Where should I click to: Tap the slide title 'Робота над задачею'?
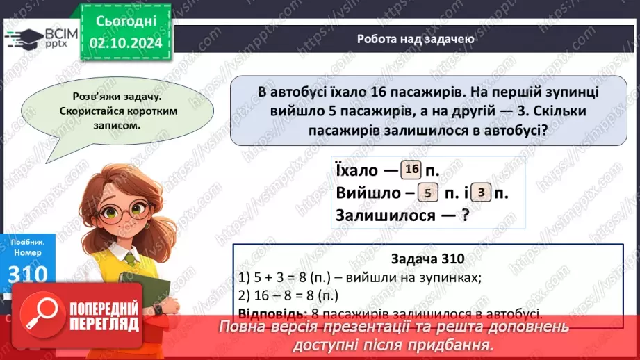tap(416, 39)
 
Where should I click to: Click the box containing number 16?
tap(411, 170)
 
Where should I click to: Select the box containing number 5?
tap(427, 194)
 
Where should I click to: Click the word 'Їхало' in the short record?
tap(357, 171)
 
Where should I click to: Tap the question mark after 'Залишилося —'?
tap(464, 217)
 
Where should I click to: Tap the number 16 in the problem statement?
tap(379, 92)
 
